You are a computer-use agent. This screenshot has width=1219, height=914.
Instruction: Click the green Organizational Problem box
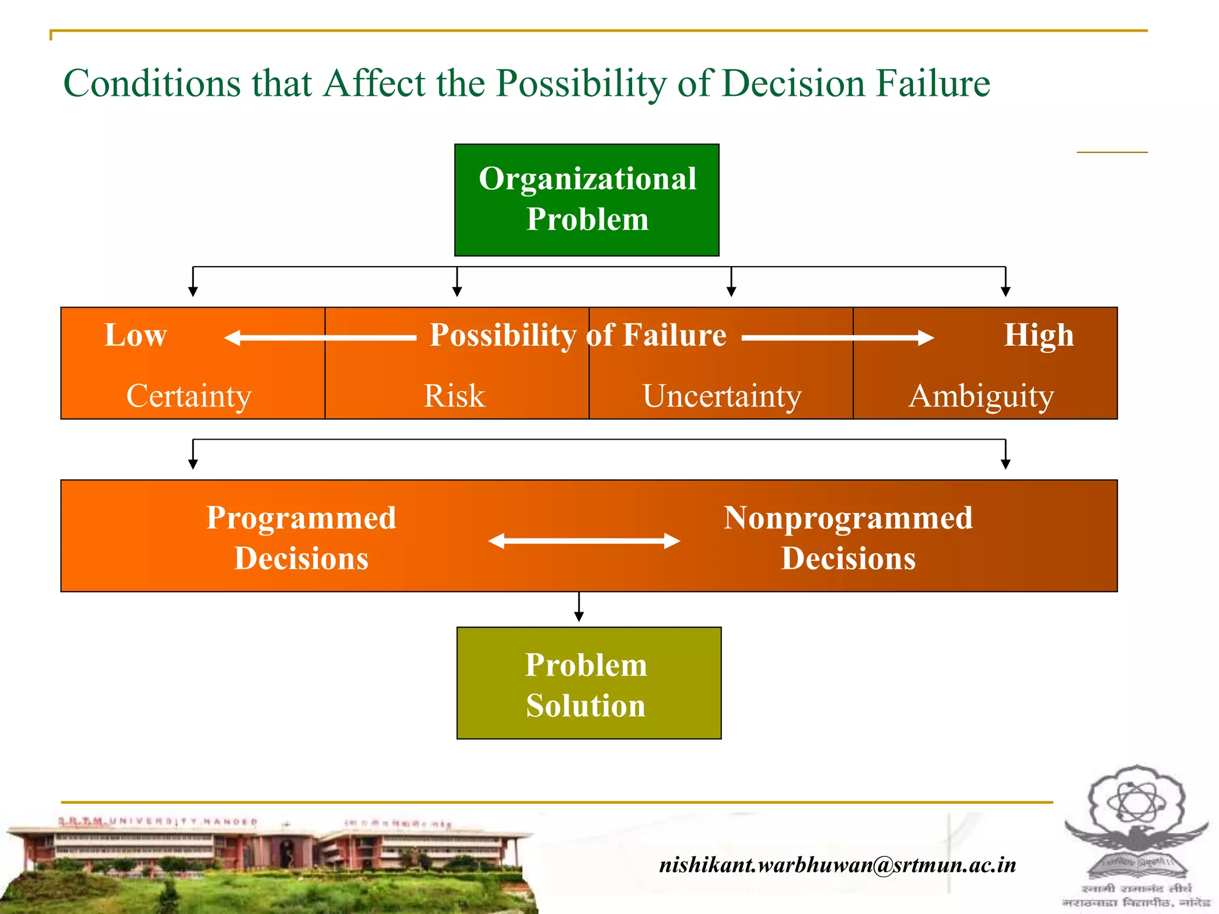pos(586,199)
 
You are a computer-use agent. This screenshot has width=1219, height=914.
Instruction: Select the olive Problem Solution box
pos(588,683)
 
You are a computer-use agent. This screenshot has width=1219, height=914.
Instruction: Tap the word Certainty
pos(189,396)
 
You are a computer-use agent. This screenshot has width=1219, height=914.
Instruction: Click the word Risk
pos(454,396)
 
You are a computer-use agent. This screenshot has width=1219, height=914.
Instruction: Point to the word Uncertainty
pos(721,396)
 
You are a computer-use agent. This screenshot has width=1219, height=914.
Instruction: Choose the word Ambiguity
pos(981,396)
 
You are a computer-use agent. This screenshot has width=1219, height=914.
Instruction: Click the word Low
pos(136,335)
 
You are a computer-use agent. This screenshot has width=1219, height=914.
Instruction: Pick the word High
pos(1039,335)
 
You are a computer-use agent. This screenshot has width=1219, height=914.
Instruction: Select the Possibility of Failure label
pos(577,335)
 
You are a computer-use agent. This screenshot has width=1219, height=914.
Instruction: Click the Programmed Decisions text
pos(301,537)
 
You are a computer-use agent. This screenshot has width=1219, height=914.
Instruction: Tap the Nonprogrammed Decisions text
pos(848,537)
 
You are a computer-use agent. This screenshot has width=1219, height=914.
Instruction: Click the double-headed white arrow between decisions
pos(584,541)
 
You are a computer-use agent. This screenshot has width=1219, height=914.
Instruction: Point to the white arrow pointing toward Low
pos(320,338)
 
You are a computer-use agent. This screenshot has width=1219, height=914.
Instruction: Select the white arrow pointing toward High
pos(837,338)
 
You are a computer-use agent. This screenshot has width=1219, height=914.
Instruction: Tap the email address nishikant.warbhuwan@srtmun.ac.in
pos(837,864)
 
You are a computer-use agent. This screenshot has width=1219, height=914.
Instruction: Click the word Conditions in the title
pos(152,83)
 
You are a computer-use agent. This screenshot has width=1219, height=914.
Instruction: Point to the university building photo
pos(268,863)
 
